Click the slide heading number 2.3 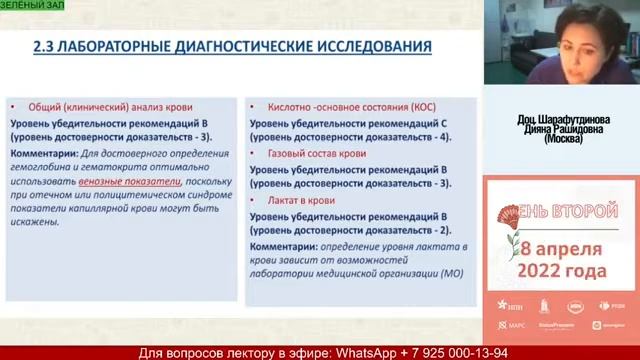coord(46,46)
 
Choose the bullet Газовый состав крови coord(317,154)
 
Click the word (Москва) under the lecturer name coord(560,141)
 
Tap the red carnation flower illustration coord(506,220)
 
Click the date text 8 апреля coord(562,248)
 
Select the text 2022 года coord(562,271)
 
